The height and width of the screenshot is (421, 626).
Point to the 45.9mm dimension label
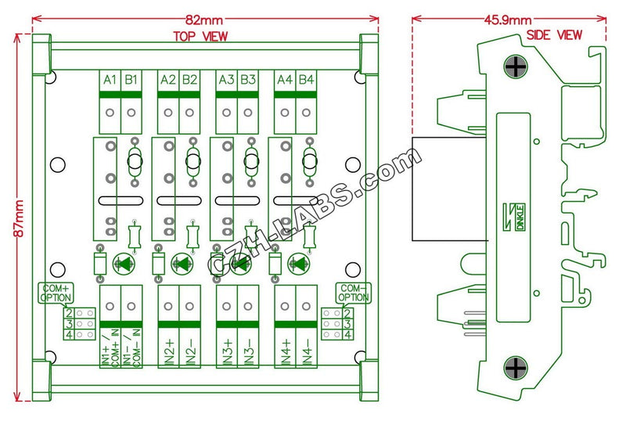click(x=508, y=20)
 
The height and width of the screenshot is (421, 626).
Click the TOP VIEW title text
click(x=200, y=36)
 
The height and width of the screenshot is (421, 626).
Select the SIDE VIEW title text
click(x=554, y=34)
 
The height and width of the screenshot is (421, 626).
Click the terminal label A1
click(x=110, y=79)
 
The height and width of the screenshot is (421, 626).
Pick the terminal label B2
click(x=189, y=79)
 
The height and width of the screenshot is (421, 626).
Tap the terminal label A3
click(x=227, y=79)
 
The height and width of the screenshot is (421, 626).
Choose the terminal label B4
click(x=306, y=79)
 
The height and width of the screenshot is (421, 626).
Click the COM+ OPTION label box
click(x=54, y=293)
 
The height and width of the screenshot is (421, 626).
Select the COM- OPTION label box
click(x=353, y=293)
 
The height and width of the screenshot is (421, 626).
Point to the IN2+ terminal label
click(x=169, y=352)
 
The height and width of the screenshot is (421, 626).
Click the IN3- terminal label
click(x=248, y=352)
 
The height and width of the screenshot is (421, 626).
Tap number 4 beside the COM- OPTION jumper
click(x=347, y=335)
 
